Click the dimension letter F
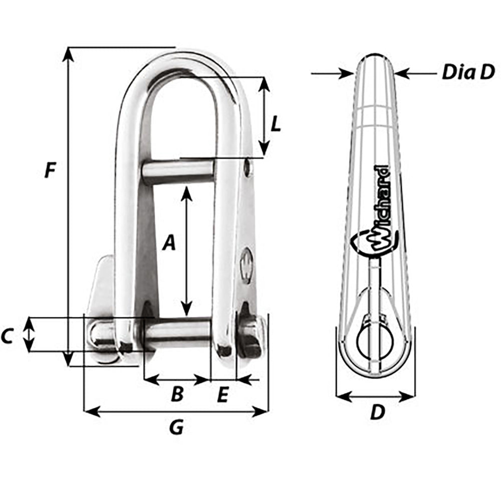tap(49, 170)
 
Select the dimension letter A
tap(170, 243)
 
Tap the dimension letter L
tap(275, 124)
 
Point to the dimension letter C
tap(7, 337)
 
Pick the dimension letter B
tap(177, 395)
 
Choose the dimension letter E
tap(223, 396)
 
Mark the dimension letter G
tap(176, 427)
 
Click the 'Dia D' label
tap(467, 73)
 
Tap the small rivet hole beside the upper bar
tap(247, 168)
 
